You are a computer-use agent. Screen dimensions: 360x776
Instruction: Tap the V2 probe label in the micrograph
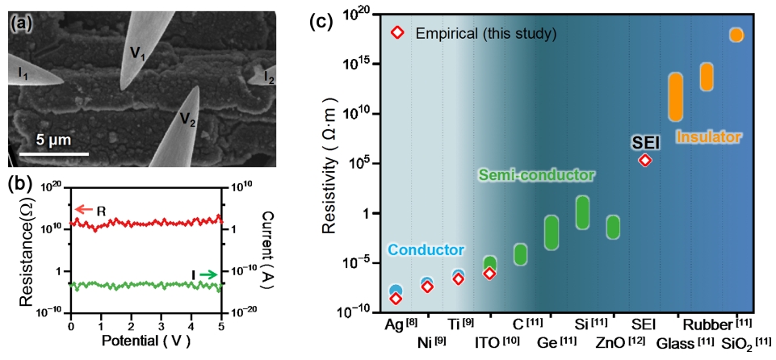[x=187, y=121]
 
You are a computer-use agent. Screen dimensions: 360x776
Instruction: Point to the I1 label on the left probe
[x=24, y=74]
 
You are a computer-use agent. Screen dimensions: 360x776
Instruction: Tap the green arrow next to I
[x=208, y=275]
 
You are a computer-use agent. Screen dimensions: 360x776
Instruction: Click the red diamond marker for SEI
[x=644, y=160]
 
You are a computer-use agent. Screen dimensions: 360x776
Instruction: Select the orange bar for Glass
[x=675, y=97]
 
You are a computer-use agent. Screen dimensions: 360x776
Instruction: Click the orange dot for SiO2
[x=736, y=34]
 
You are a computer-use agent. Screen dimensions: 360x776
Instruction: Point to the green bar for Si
[x=582, y=211]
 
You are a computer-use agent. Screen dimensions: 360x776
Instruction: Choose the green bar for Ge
[x=552, y=232]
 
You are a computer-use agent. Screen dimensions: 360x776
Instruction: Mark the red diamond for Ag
[x=396, y=299]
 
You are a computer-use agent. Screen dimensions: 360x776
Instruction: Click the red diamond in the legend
[x=396, y=33]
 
